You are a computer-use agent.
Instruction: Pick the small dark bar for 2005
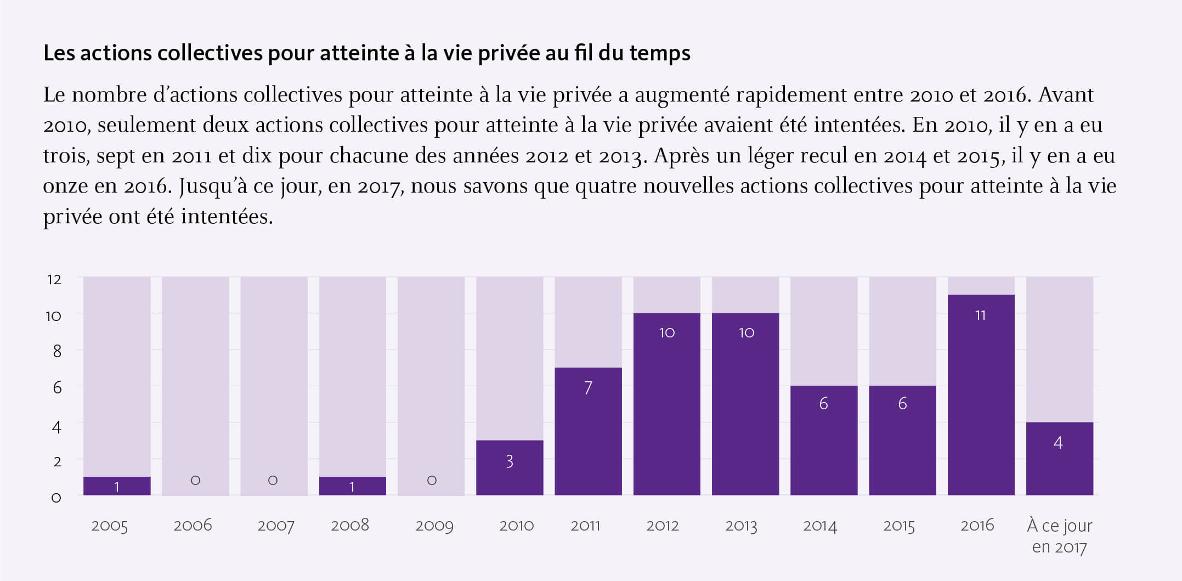tap(117, 486)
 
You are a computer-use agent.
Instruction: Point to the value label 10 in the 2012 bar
tap(667, 332)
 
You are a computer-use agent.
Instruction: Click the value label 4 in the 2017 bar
tap(1058, 443)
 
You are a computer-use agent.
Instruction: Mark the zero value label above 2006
tap(195, 480)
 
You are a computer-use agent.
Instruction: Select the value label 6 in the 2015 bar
tap(902, 404)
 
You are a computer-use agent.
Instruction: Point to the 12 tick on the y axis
tap(54, 279)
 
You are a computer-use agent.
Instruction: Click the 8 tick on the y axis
tap(56, 351)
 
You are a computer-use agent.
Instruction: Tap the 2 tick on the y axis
tap(56, 461)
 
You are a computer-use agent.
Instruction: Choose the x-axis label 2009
tap(434, 526)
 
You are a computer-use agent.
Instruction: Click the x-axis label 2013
tap(741, 526)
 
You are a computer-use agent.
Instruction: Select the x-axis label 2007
tap(275, 526)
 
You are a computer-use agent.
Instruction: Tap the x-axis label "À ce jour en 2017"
tap(1059, 535)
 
